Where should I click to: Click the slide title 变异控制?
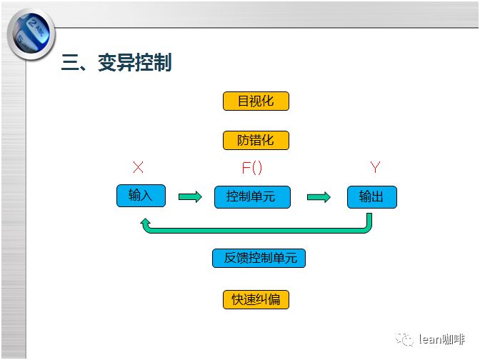(x=135, y=63)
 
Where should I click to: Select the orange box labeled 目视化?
(x=256, y=101)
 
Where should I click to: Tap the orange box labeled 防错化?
(x=256, y=140)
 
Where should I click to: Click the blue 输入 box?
(x=141, y=196)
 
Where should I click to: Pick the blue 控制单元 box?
(x=252, y=197)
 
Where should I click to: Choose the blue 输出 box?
(x=372, y=197)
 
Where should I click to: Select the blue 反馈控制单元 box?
(x=259, y=258)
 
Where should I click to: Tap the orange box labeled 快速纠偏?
(x=256, y=299)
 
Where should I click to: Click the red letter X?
(x=138, y=167)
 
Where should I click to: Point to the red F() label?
(x=252, y=168)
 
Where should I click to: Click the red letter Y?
(x=375, y=167)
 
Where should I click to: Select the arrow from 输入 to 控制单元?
(x=190, y=196)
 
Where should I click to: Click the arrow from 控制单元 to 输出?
(x=319, y=197)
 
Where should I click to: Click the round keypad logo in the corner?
(x=31, y=34)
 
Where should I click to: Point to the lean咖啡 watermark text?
(x=441, y=339)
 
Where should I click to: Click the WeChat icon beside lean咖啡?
(x=404, y=339)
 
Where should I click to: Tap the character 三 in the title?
(x=70, y=63)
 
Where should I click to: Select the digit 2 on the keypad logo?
(x=32, y=24)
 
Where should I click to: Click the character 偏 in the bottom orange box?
(x=274, y=300)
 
